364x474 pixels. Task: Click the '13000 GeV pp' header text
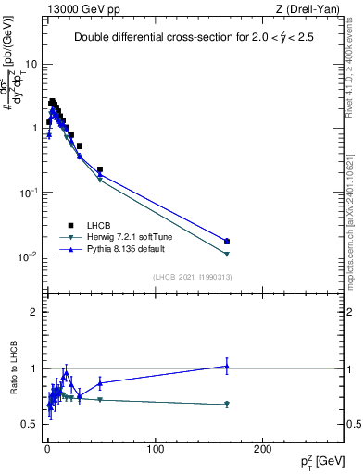(77, 8)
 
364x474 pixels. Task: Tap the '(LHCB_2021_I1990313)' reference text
(193, 278)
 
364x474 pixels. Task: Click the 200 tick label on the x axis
(263, 449)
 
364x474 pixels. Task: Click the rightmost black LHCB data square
(227, 242)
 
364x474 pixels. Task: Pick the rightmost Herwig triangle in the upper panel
(227, 254)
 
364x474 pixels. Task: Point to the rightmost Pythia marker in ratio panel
(227, 367)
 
